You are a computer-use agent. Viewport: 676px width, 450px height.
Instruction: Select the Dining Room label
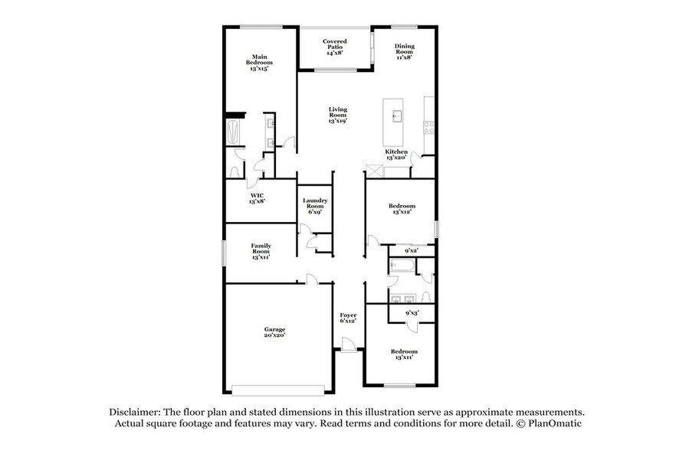[x=404, y=51]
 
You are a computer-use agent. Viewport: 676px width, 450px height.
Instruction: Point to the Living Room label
[x=338, y=115]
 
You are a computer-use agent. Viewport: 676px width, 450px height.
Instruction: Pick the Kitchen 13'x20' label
[x=396, y=155]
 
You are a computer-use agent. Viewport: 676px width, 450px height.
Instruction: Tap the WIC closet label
[x=257, y=198]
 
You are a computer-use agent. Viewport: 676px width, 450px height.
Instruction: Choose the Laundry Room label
[x=316, y=206]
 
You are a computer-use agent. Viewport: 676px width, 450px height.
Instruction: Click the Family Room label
[x=261, y=252]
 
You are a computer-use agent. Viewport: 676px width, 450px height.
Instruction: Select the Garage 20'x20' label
[x=274, y=332]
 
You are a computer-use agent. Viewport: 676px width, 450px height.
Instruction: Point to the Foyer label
[x=348, y=318]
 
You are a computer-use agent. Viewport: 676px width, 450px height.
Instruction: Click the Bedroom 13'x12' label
[x=402, y=209]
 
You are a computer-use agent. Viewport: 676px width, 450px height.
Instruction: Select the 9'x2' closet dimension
[x=411, y=250]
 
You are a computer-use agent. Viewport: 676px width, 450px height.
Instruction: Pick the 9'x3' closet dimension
[x=411, y=312]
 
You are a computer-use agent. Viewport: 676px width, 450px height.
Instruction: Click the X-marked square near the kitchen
[x=373, y=172]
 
